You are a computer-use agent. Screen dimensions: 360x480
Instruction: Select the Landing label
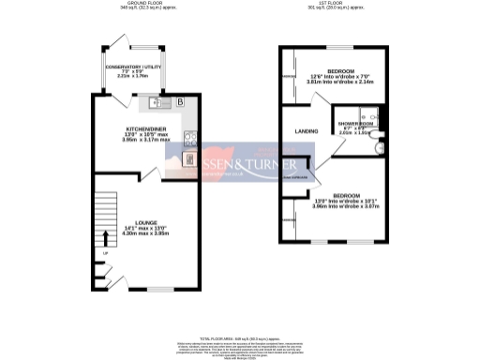tap(307, 131)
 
